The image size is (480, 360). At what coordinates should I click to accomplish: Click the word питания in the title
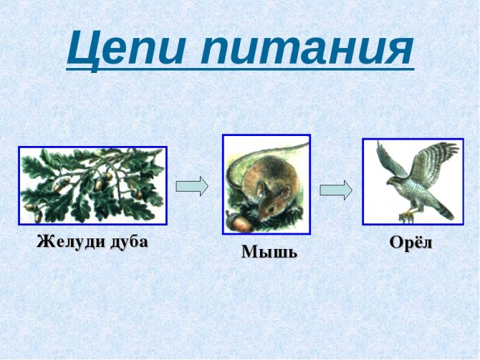pos(307,49)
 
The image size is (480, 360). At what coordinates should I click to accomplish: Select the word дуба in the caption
pos(129,242)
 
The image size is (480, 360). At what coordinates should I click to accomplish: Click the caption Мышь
pos(269,252)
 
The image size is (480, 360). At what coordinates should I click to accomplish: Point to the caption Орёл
pos(411,243)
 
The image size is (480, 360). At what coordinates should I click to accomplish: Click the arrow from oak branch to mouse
pos(192,186)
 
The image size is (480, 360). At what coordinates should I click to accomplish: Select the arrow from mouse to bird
pos(336,190)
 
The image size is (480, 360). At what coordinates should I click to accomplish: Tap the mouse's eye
pos(271,208)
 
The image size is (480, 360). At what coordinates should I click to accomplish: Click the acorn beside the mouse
pos(241,224)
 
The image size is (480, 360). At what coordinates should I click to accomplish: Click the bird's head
pos(394,180)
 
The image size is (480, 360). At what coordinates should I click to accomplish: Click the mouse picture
pos(267,185)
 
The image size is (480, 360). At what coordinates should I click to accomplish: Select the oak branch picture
pos(92,185)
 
